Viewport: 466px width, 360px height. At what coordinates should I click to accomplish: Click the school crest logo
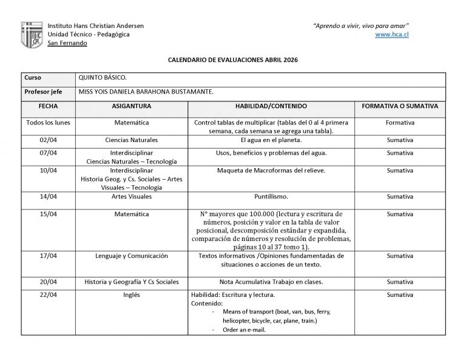[32, 35]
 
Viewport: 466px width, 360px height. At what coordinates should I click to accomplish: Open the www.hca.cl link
[391, 35]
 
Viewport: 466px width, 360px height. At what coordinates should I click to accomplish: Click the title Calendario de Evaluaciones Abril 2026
[232, 61]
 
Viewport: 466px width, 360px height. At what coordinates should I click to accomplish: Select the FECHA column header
[48, 106]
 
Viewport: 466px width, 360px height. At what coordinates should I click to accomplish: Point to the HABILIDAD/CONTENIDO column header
[271, 106]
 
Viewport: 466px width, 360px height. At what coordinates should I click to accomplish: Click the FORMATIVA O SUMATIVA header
[399, 106]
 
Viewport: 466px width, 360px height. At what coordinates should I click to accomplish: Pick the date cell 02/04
[48, 140]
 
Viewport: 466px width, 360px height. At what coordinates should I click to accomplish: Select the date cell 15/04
[48, 214]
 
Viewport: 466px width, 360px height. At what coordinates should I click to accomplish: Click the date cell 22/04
[48, 295]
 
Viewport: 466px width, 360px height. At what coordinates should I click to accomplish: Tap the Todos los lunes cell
[48, 123]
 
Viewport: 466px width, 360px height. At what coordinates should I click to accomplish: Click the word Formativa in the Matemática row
[400, 123]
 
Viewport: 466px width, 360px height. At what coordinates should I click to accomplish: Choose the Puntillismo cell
[271, 197]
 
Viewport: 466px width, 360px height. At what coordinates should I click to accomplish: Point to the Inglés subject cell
[132, 295]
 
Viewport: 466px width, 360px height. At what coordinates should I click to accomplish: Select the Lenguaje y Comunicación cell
[132, 256]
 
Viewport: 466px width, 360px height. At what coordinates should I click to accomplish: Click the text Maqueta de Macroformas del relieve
[271, 171]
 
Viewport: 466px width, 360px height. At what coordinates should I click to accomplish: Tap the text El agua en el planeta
[271, 140]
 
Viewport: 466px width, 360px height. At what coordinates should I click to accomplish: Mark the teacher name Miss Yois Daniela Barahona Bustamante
[146, 92]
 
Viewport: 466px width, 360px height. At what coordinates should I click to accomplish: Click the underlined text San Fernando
[67, 43]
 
